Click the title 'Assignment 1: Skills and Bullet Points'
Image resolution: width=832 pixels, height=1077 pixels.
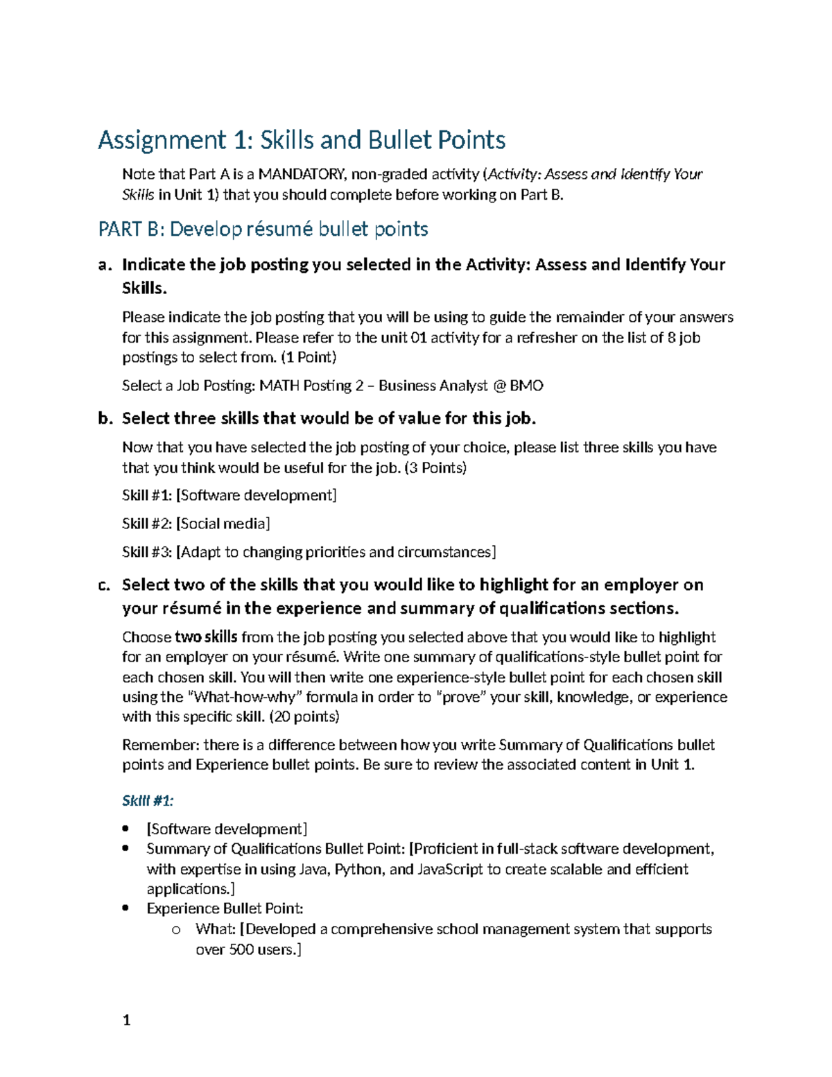(302, 141)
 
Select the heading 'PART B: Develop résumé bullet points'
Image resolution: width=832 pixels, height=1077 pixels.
(263, 230)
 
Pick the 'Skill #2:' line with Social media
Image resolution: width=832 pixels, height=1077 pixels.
(196, 524)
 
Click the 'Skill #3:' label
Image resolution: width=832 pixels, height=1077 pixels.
(147, 552)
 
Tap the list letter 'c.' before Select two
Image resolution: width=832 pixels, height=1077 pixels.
(105, 585)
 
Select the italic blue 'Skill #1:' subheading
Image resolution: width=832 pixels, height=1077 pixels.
(148, 801)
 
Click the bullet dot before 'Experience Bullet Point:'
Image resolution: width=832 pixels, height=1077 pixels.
(125, 908)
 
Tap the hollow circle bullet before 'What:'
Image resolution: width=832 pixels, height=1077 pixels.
(175, 930)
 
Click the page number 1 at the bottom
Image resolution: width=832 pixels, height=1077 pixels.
(126, 1020)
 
